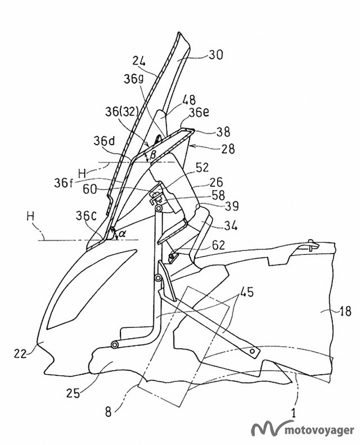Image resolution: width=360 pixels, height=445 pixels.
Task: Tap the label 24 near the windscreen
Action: (x=141, y=61)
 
